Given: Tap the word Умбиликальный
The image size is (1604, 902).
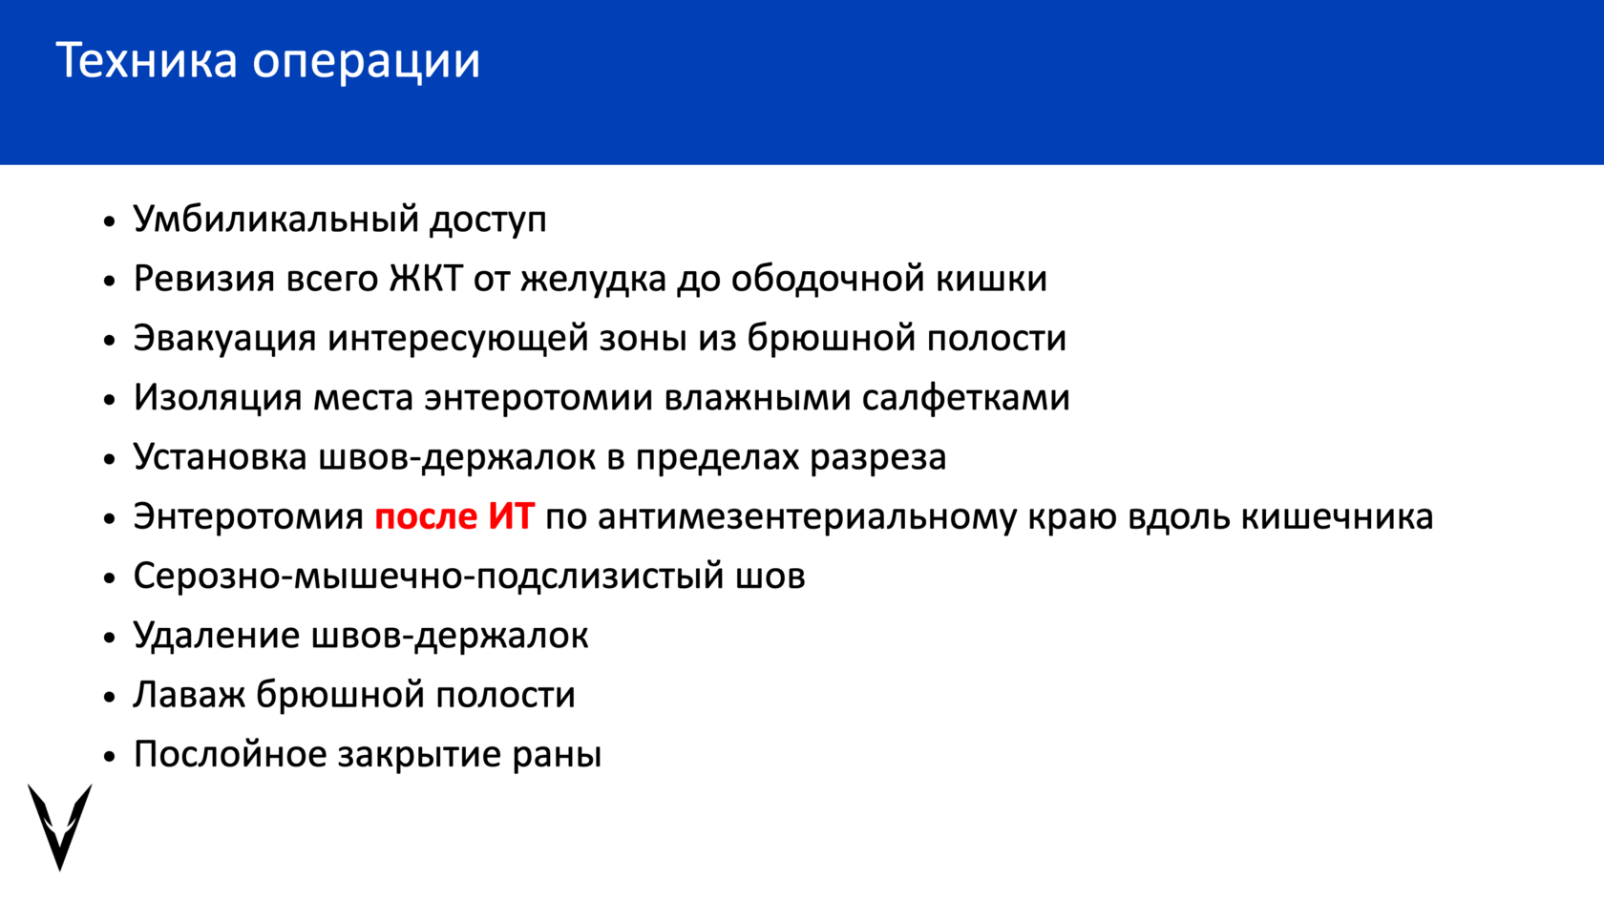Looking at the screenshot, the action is tap(276, 220).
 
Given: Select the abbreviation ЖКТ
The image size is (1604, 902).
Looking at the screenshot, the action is tap(426, 279).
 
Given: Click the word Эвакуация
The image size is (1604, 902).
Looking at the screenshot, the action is tap(225, 339).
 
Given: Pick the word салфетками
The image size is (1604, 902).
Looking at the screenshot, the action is tap(965, 397).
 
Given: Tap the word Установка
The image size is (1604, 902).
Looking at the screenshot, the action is tap(220, 456).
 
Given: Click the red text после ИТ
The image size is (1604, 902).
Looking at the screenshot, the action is tap(454, 516).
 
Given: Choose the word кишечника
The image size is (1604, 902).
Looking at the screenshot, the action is tap(1337, 517).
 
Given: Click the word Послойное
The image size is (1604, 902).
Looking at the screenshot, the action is tap(230, 754).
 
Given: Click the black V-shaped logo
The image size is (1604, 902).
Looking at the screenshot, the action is tap(60, 827).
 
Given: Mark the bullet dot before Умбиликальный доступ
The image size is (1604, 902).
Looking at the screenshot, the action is tap(109, 220).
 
